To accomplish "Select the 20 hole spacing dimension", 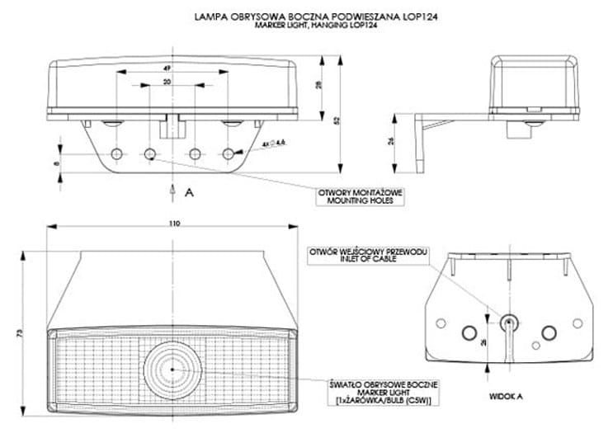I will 167,83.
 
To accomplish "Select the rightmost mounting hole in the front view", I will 229,153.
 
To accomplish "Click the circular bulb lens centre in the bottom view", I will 171,369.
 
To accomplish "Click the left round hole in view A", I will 471,332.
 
